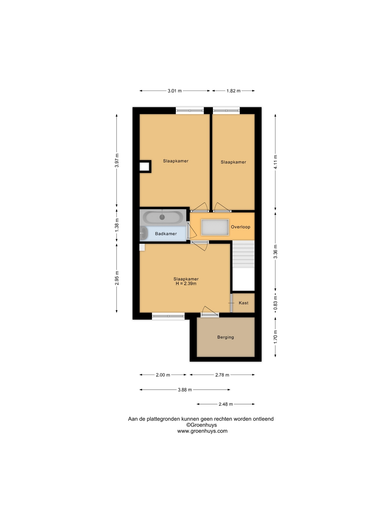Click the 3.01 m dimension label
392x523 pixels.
click(174, 91)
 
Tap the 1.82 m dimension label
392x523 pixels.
click(233, 91)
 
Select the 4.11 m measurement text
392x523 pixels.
click(275, 162)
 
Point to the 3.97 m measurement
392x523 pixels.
click(117, 160)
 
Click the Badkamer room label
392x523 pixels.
click(166, 234)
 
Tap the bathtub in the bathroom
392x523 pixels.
click(163, 217)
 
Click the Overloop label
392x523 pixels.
click(240, 227)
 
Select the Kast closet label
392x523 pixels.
click(243, 303)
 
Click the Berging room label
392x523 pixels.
click(225, 337)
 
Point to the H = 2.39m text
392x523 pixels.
click(186, 284)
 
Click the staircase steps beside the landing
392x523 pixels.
click(243, 254)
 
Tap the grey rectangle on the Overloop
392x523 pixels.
click(215, 227)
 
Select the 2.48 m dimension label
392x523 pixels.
click(226, 404)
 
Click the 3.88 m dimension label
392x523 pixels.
click(185, 390)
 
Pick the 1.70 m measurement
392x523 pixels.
click(275, 337)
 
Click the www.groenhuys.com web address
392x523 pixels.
click(202, 431)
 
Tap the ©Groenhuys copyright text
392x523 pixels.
click(201, 425)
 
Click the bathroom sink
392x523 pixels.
click(143, 233)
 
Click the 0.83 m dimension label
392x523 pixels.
click(275, 303)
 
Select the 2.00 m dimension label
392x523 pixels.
click(163, 375)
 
